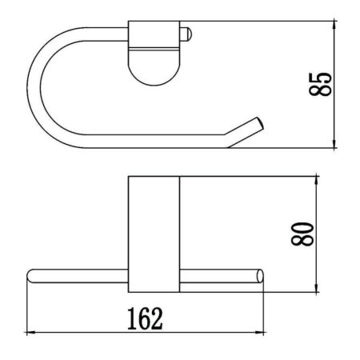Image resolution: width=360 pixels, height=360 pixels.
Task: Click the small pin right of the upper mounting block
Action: click(186, 35)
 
